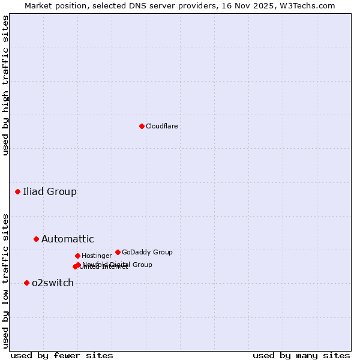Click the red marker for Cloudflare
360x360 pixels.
pyautogui.click(x=142, y=126)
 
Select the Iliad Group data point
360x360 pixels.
pyautogui.click(x=18, y=192)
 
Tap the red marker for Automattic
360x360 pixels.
pyautogui.click(x=36, y=239)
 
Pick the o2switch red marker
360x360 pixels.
pyautogui.click(x=26, y=283)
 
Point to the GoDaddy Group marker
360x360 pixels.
pyautogui.click(x=118, y=252)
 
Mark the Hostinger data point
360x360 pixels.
pyautogui.click(x=77, y=256)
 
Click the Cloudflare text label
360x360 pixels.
pyautogui.click(x=161, y=126)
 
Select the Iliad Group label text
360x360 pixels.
pyautogui.click(x=50, y=192)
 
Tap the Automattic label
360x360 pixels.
pyautogui.click(x=67, y=239)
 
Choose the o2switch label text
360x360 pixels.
pyautogui.click(x=53, y=283)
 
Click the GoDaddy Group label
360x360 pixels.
pyautogui.click(x=147, y=252)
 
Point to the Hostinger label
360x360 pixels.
pyautogui.click(x=97, y=256)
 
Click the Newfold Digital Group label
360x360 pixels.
pyautogui.click(x=117, y=265)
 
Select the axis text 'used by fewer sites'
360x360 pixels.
pyautogui.click(x=62, y=355)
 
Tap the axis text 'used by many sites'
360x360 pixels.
pyautogui.click(x=301, y=355)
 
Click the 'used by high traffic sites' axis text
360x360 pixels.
pyautogui.click(x=6, y=85)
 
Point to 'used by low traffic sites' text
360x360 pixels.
pyautogui.click(x=6, y=280)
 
